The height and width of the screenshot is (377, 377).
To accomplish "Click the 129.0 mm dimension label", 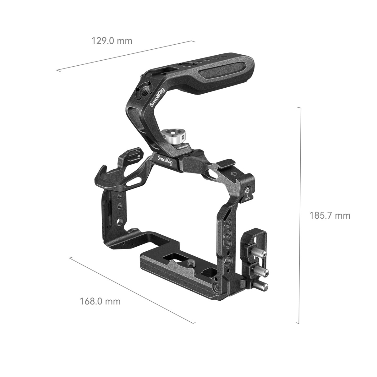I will point(112,41).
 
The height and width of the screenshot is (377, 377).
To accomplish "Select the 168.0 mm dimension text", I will point(100,301).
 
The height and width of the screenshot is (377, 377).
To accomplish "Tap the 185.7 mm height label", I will point(330,216).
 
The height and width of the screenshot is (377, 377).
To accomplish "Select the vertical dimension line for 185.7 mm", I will point(300,216).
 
